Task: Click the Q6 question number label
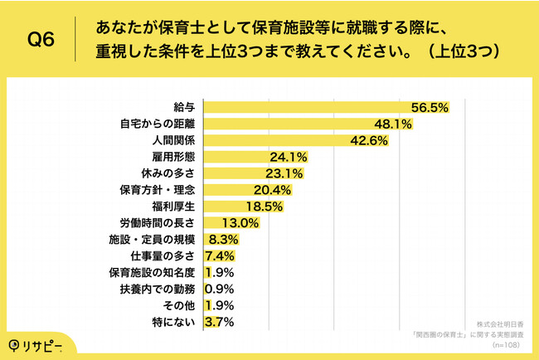tap(42, 40)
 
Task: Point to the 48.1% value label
tap(394, 124)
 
